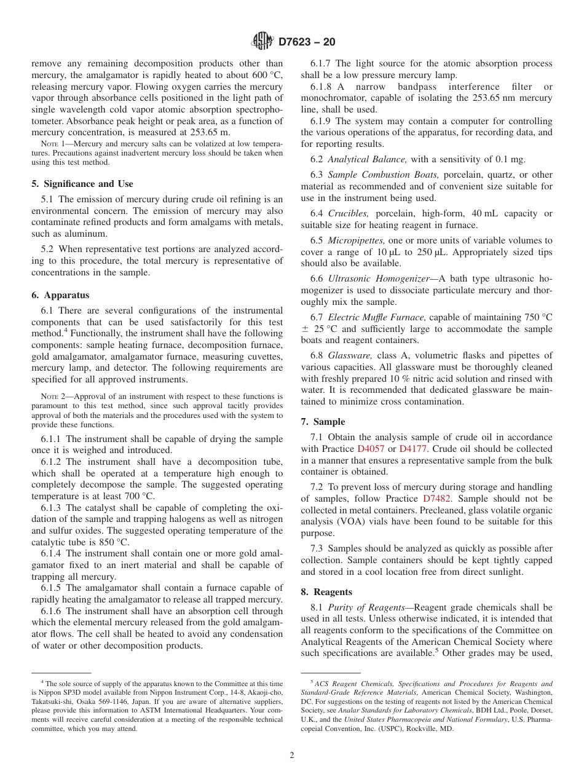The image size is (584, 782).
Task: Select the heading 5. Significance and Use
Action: pyautogui.click(x=82, y=184)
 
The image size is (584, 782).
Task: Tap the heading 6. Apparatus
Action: pyautogui.click(x=60, y=295)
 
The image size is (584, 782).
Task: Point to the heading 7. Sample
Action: pyautogui.click(x=323, y=422)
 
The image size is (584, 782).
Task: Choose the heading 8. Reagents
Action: pyautogui.click(x=326, y=592)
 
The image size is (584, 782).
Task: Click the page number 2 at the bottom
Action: pyautogui.click(x=292, y=756)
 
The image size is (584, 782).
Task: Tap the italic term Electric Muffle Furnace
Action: pyautogui.click(x=377, y=317)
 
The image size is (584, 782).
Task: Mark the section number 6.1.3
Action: pyautogui.click(x=52, y=508)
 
